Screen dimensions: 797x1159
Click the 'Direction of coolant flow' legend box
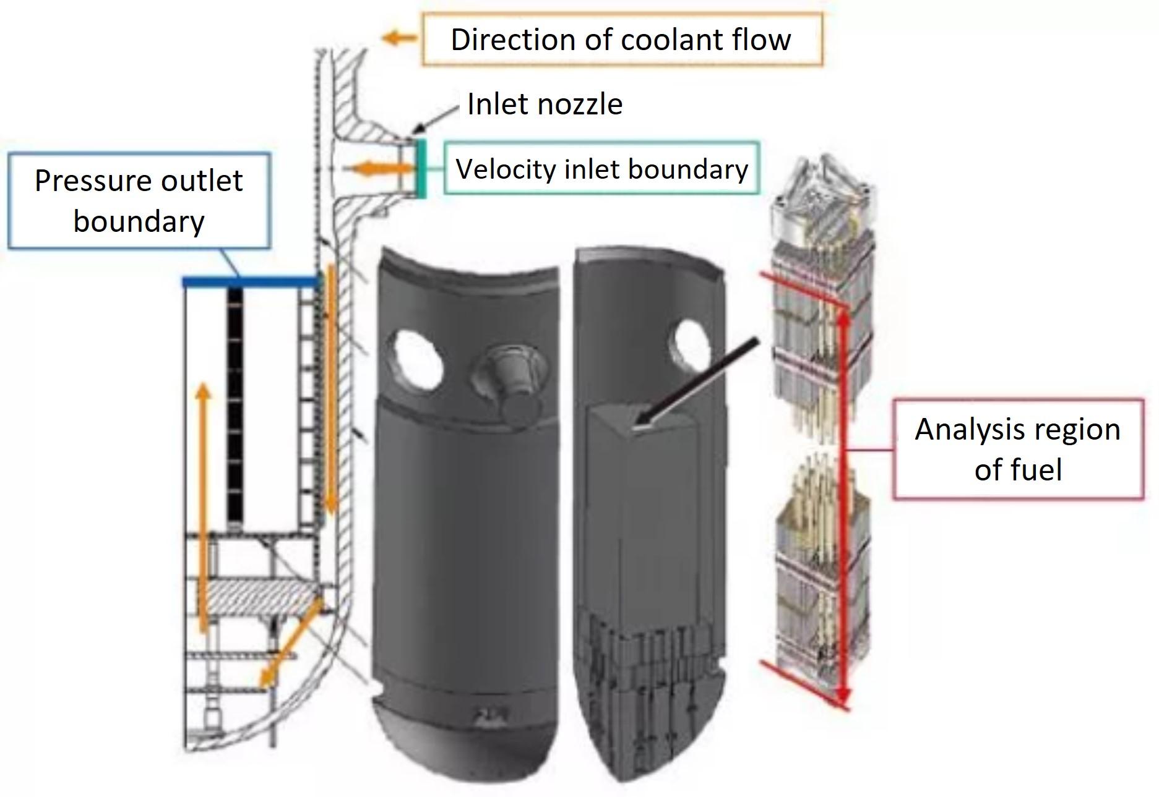[x=622, y=39]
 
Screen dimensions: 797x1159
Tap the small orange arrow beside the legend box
[x=400, y=38]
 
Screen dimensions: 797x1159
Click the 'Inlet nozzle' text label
[x=545, y=103]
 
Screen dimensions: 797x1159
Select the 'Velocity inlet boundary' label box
[x=601, y=169]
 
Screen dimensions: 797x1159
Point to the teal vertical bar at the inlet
[x=421, y=168]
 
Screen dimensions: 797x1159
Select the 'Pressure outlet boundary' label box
[x=139, y=201]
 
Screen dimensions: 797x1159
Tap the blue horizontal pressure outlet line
[x=250, y=282]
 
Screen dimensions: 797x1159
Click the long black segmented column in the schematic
[x=235, y=405]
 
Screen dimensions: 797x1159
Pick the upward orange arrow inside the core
[x=203, y=507]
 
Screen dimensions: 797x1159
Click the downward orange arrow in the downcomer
[x=331, y=390]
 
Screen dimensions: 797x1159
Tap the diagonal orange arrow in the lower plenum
[x=291, y=643]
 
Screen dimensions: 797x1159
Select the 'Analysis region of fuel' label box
[x=1018, y=449]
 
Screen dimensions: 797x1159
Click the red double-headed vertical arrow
[x=843, y=495]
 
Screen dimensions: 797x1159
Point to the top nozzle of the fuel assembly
[x=822, y=192]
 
